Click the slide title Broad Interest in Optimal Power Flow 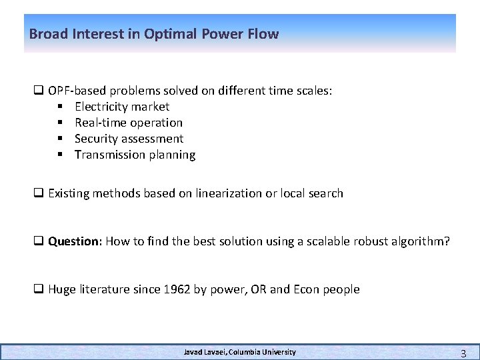tap(154, 34)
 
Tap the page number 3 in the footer tap(463, 353)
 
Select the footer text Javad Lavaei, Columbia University tap(240, 352)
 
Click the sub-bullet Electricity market tap(122, 107)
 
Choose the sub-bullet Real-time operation tap(129, 123)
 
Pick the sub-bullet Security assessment tap(129, 139)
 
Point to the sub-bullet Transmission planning tap(135, 155)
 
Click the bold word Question tap(73, 241)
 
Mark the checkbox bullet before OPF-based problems tap(39, 91)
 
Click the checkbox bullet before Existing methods tap(39, 193)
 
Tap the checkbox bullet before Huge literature tap(39, 289)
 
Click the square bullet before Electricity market tap(60, 107)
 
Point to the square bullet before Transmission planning tap(60, 155)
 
